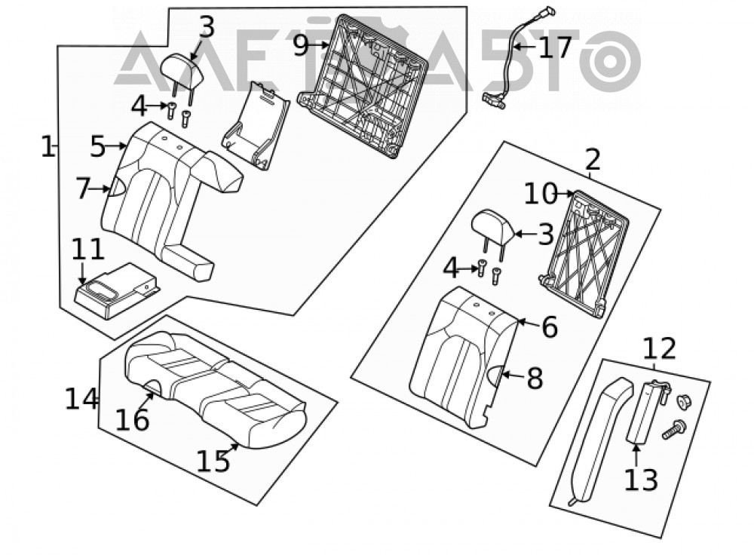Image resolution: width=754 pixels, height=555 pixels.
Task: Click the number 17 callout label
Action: click(x=555, y=48)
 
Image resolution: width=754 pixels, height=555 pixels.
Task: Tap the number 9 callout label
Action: click(x=300, y=46)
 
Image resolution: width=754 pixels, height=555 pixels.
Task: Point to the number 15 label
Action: click(x=213, y=461)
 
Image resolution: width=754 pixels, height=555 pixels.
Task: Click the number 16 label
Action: click(x=132, y=420)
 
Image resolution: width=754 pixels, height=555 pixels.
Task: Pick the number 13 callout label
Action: click(x=640, y=480)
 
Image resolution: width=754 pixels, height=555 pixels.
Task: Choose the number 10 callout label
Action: click(x=540, y=194)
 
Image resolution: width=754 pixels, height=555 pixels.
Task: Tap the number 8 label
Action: click(x=535, y=378)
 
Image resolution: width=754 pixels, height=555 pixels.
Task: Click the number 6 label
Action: click(x=550, y=327)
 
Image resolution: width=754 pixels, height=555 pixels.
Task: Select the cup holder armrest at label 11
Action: click(x=116, y=290)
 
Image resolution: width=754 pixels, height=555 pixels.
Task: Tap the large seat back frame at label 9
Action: click(x=363, y=87)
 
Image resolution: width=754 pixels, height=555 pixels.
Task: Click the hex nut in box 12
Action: click(x=682, y=401)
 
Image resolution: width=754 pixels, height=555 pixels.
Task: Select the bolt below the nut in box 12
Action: click(x=674, y=429)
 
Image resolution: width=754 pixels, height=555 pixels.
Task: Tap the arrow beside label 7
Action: click(x=101, y=189)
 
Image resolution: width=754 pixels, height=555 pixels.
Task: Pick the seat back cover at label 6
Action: click(x=464, y=358)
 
